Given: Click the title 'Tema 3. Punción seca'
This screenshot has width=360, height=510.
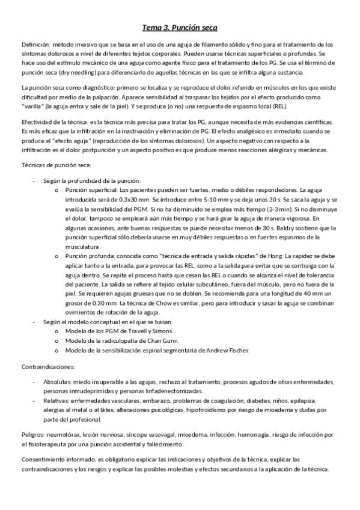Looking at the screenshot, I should click(x=180, y=28).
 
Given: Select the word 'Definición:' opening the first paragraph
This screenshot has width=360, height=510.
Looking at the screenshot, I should click(x=35, y=45).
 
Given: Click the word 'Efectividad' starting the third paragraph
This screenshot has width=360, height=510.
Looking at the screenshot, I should click(x=37, y=122).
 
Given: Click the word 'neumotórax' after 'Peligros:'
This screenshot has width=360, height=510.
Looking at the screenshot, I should click(x=61, y=434).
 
